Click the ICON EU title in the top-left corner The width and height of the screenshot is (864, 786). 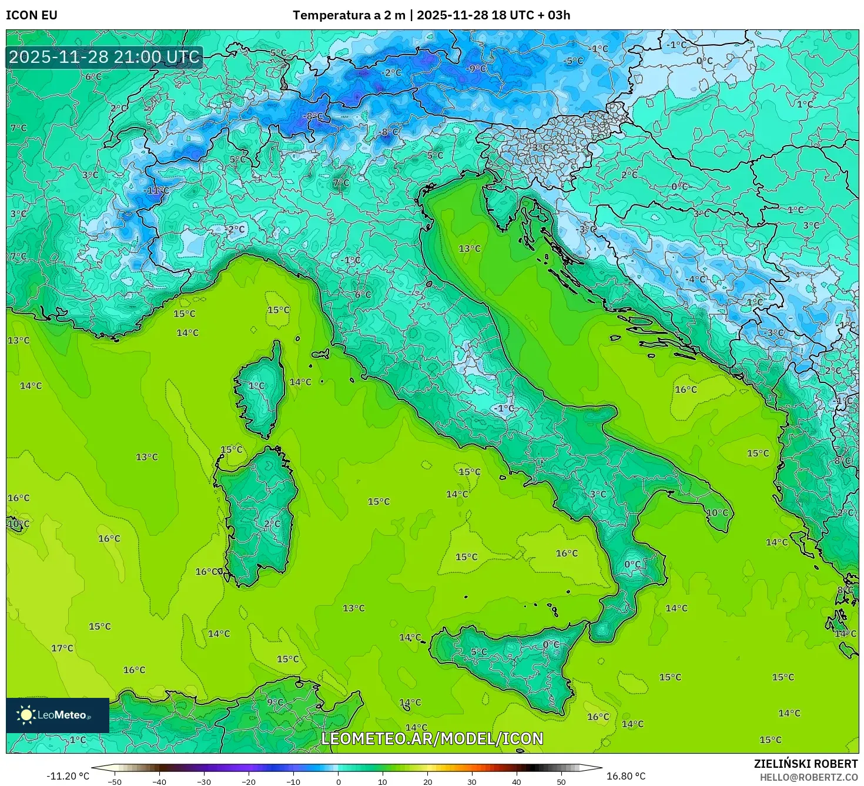tap(32, 15)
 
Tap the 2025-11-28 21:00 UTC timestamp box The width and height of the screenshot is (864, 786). tap(104, 57)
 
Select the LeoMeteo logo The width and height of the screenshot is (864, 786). tap(57, 715)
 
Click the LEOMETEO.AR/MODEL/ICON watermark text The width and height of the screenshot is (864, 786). tap(432, 738)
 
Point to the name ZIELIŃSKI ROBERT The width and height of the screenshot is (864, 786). tap(806, 764)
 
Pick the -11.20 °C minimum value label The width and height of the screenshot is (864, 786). tap(68, 776)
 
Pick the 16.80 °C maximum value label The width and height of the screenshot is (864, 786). tap(625, 776)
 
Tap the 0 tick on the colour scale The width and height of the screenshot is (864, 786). tap(338, 781)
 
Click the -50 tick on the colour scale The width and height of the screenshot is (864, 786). tap(115, 781)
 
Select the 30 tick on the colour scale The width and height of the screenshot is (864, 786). tap(472, 781)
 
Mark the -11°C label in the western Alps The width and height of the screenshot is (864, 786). tap(156, 190)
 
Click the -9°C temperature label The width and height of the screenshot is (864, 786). tap(476, 68)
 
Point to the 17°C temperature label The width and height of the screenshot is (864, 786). tap(62, 648)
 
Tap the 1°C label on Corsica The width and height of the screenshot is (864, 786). tap(256, 386)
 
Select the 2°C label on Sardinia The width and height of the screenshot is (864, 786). tap(272, 523)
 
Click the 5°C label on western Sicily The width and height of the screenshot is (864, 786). tap(478, 651)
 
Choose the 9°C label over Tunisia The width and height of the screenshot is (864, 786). tap(274, 701)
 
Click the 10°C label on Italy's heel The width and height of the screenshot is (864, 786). tap(717, 512)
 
